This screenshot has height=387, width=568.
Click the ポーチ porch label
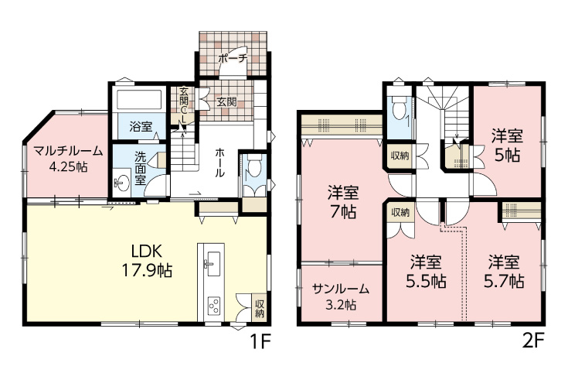point(232,58)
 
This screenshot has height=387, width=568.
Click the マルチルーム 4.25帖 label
point(67,159)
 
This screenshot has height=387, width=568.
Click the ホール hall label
point(220,163)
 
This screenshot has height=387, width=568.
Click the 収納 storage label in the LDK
point(259,307)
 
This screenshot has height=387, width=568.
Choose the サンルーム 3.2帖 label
point(341,296)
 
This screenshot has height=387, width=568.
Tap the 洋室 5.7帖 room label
point(505,271)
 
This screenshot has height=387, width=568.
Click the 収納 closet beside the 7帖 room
point(400,156)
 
